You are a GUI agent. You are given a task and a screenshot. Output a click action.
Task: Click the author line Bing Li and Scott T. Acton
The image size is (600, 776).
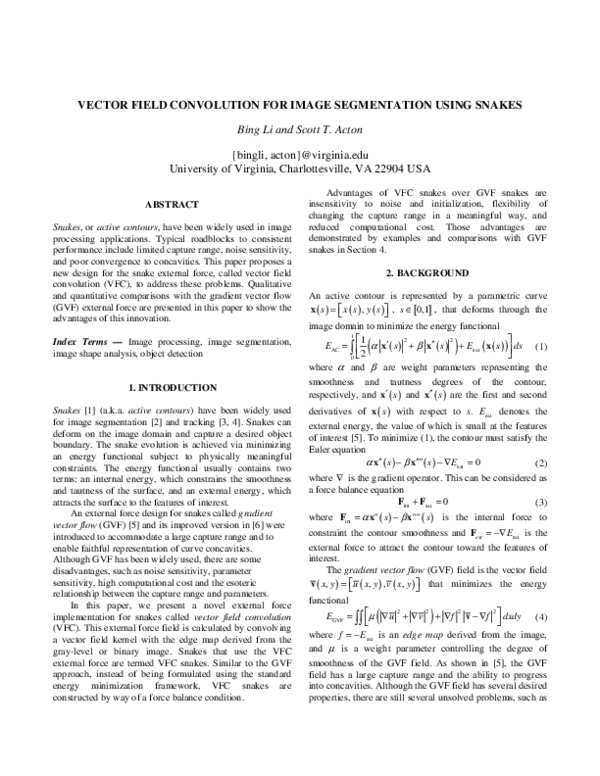tap(300, 130)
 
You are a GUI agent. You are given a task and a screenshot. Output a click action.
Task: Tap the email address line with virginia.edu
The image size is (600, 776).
tap(300, 155)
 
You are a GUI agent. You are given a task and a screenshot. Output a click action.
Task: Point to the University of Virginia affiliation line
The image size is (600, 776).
tap(300, 169)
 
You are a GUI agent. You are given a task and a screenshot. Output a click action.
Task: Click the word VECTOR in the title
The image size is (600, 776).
tap(107, 104)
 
